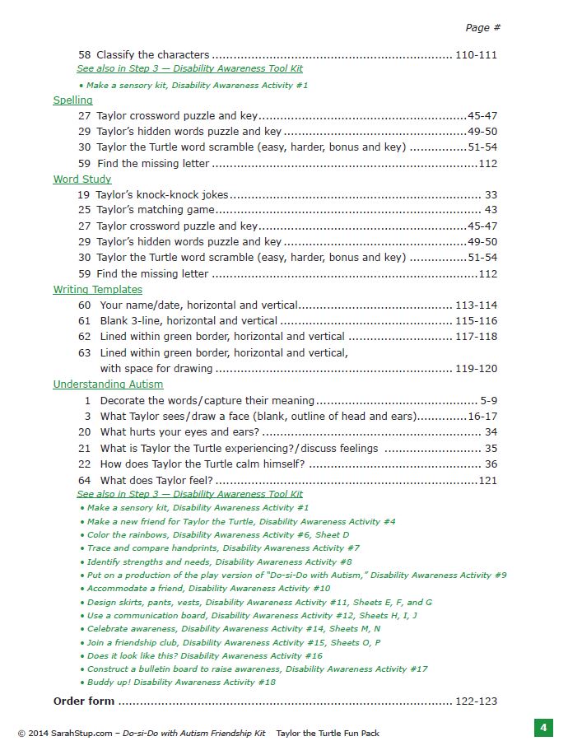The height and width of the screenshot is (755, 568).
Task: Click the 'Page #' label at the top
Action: pos(482,27)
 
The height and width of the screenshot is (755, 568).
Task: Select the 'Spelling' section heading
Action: pos(72,100)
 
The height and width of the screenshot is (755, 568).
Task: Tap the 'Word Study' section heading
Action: pos(81,179)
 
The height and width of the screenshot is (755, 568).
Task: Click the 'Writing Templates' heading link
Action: pos(97,290)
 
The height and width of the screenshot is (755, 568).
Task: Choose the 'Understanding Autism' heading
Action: pos(108,384)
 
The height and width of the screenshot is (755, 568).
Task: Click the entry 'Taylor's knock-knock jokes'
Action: pos(162,195)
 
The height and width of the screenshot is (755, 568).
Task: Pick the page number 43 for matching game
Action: pos(491,211)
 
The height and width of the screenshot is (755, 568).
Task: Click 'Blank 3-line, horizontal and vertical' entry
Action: pos(189,321)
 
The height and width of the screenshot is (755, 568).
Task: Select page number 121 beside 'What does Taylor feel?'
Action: pos(487,480)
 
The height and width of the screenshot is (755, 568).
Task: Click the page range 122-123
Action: pos(476,701)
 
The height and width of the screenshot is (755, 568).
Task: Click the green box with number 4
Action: pos(542,729)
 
